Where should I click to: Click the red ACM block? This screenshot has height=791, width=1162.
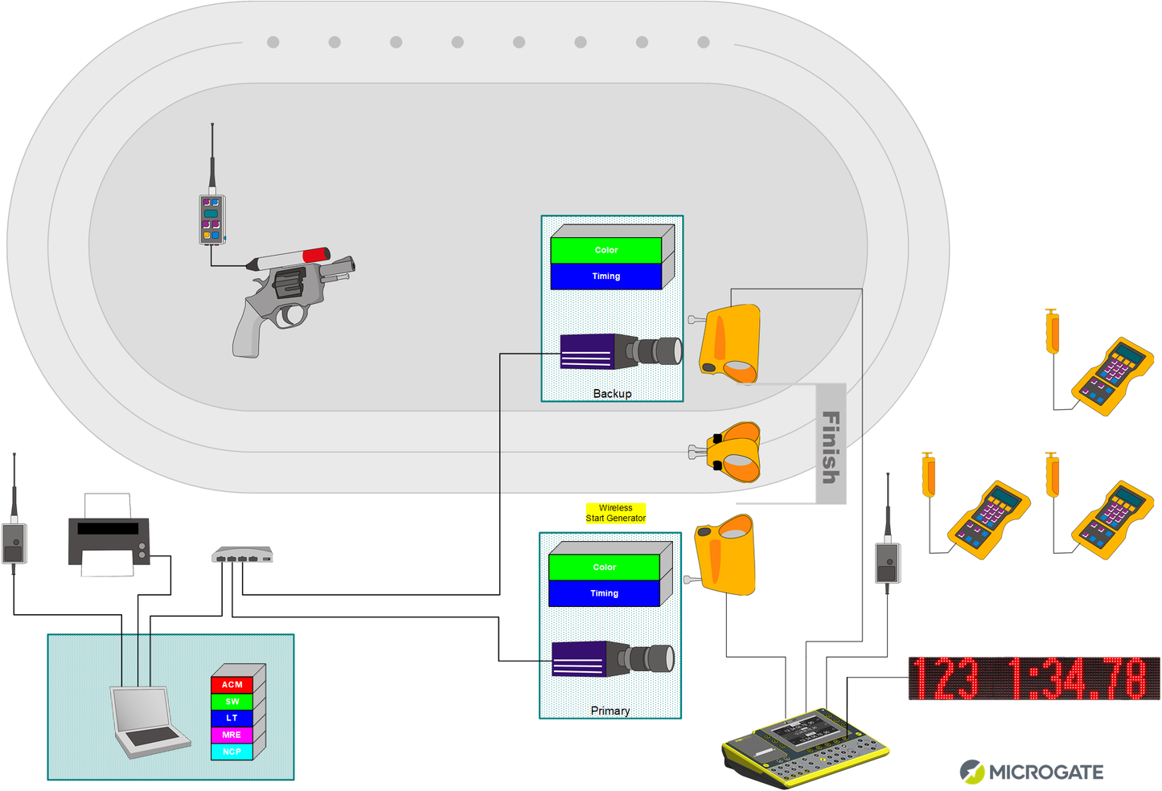click(232, 685)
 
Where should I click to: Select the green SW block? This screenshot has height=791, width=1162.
click(232, 702)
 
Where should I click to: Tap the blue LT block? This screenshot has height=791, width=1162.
click(232, 718)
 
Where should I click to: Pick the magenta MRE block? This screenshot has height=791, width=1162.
click(232, 735)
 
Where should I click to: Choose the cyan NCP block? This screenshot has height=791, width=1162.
click(232, 752)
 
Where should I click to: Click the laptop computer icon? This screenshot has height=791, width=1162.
click(148, 722)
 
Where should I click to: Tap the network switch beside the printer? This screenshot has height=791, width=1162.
click(242, 555)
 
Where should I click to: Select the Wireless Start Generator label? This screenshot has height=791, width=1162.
click(615, 513)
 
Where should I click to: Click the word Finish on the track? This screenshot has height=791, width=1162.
click(831, 446)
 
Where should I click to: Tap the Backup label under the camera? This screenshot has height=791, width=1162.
click(612, 394)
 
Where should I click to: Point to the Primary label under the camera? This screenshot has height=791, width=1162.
click(610, 711)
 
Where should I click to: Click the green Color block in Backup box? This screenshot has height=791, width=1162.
click(606, 250)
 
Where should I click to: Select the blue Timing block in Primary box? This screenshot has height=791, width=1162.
click(604, 593)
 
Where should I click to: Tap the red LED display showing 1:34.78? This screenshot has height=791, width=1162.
click(1034, 678)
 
